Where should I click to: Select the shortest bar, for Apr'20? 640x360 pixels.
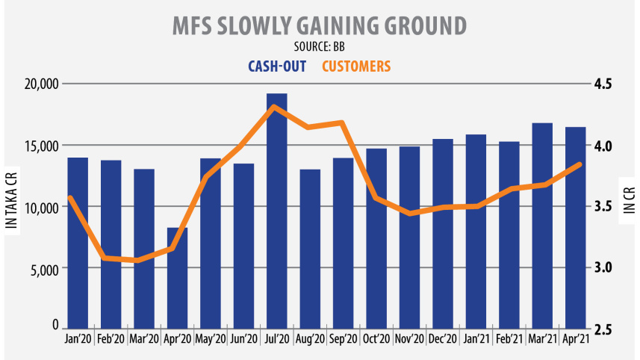point(177,276)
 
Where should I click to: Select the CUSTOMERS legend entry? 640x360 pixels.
point(356,66)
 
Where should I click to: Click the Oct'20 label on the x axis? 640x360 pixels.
point(375,340)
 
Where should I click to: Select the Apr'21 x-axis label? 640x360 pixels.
point(574,340)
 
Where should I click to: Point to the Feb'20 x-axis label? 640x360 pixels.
point(111,340)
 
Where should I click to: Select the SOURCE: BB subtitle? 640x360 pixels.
point(319,48)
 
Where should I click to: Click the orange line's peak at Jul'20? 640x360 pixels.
point(275,107)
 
